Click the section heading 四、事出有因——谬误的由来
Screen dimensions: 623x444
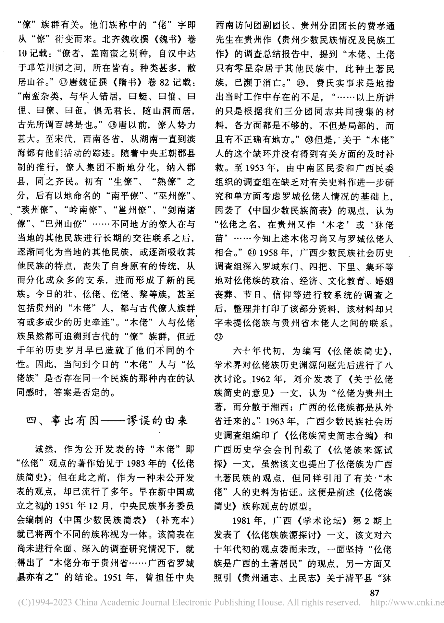(107, 421)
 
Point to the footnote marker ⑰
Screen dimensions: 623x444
(64, 82)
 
